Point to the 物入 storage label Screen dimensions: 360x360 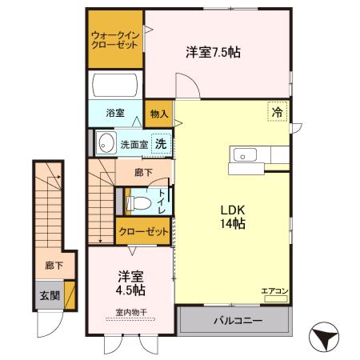158,114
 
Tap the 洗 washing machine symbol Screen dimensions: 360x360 160,144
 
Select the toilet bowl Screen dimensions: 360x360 138,202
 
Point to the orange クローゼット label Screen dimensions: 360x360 144,230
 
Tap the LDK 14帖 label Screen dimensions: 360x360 233,218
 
